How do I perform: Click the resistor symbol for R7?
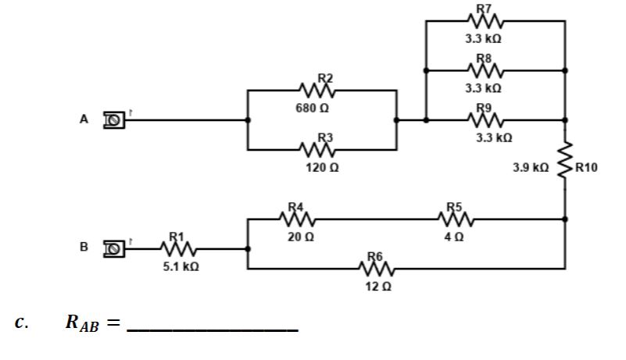488,21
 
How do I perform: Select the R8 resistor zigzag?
488,70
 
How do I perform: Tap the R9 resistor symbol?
488,120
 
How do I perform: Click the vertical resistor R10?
565,166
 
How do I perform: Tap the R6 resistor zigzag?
377,269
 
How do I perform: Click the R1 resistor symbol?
179,248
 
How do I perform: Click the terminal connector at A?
115,120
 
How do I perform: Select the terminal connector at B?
115,248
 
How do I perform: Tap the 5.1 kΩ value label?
181,266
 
